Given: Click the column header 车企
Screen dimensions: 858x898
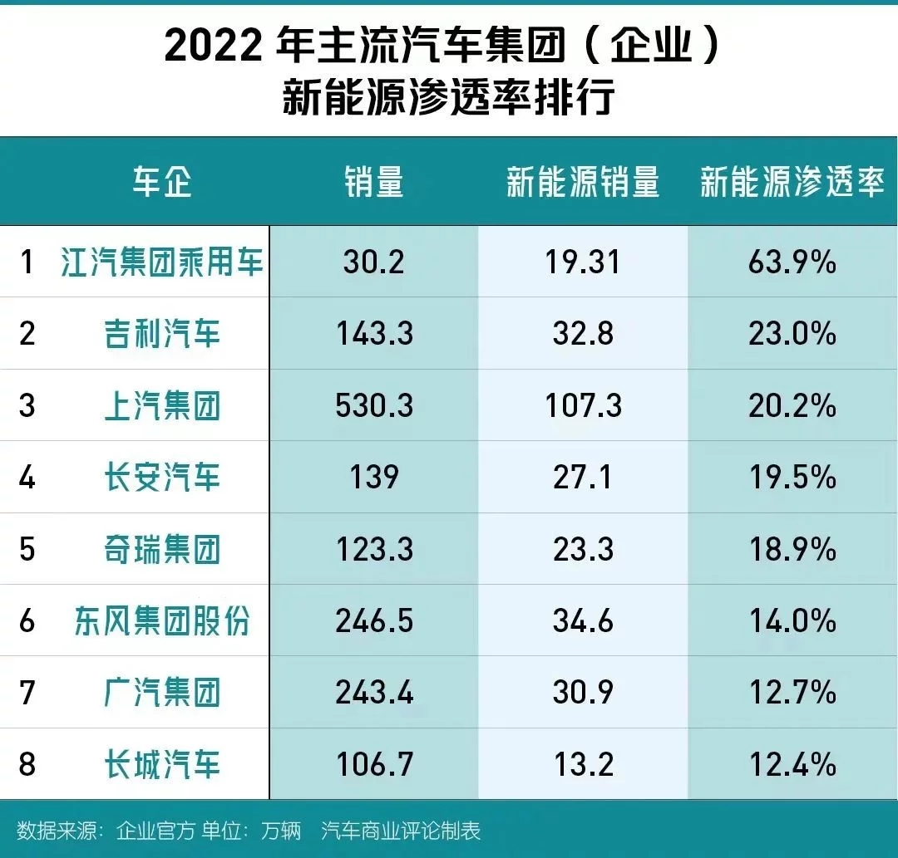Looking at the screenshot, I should click(x=162, y=181).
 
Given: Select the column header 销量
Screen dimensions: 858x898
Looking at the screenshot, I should click(x=374, y=181).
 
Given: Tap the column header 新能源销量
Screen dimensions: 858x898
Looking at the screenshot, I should click(x=583, y=181).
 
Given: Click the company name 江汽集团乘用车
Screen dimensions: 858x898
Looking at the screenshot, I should click(x=162, y=262).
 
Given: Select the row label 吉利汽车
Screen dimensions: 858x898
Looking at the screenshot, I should click(x=162, y=334).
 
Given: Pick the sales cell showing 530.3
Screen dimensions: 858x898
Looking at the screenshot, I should click(x=374, y=406).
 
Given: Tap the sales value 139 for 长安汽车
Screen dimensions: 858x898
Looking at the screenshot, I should click(x=374, y=478).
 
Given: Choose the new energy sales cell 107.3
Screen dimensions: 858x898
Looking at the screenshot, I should click(x=583, y=406).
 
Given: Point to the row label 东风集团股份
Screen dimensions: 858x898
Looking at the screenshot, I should click(x=162, y=621).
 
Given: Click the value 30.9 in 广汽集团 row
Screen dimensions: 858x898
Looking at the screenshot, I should click(x=583, y=693).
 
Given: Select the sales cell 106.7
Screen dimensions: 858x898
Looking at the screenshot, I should click(x=374, y=764).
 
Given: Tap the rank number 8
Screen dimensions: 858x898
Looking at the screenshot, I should click(x=27, y=764).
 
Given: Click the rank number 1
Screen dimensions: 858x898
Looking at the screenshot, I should click(x=27, y=262).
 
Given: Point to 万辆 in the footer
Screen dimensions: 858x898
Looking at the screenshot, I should click(x=281, y=831).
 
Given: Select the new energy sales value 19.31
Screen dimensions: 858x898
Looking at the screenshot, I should click(x=583, y=262).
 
